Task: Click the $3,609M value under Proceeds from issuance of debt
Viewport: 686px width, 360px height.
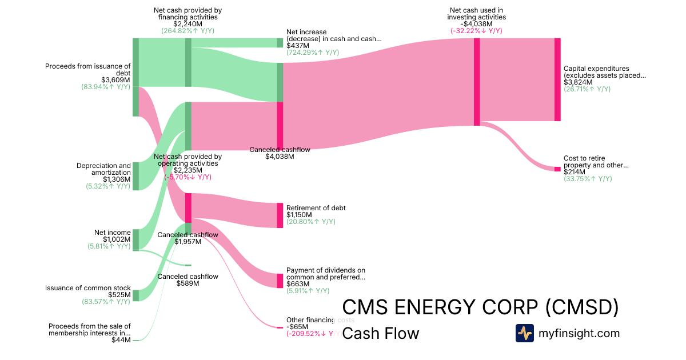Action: [115, 80]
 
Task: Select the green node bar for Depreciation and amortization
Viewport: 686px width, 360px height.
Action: [135, 176]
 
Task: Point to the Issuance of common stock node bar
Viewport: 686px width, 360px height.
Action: [135, 295]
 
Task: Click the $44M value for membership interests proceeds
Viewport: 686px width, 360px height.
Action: [121, 340]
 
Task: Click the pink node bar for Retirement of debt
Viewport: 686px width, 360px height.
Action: [280, 215]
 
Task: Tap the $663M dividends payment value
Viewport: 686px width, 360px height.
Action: [298, 284]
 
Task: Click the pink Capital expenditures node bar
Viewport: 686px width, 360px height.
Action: [557, 79]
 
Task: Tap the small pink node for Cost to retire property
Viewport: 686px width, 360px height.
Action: [557, 169]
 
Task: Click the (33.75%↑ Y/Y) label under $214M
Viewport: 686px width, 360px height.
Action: [588, 179]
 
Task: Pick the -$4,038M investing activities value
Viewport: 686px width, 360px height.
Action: [476, 24]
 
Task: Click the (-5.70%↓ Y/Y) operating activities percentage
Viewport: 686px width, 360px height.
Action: [188, 177]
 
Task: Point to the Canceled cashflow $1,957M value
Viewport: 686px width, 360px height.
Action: [188, 242]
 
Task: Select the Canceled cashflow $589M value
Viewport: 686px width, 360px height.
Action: [188, 283]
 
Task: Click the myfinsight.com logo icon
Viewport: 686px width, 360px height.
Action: [524, 333]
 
